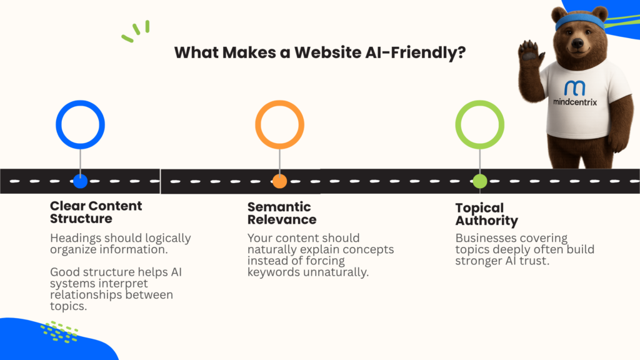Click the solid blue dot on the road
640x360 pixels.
point(81,181)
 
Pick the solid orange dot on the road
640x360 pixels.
point(279,181)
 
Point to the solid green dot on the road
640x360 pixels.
point(479,181)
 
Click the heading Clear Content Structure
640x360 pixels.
point(96,212)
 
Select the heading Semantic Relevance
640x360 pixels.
point(282,213)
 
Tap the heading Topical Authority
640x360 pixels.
point(486,214)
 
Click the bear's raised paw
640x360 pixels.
point(530,51)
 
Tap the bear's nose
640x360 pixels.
point(577,43)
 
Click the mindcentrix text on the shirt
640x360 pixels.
point(575,102)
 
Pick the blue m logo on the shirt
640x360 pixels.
point(575,87)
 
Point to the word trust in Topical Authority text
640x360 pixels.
point(534,261)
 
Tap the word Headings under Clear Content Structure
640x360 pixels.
point(76,238)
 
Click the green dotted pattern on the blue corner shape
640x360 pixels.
point(59,332)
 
